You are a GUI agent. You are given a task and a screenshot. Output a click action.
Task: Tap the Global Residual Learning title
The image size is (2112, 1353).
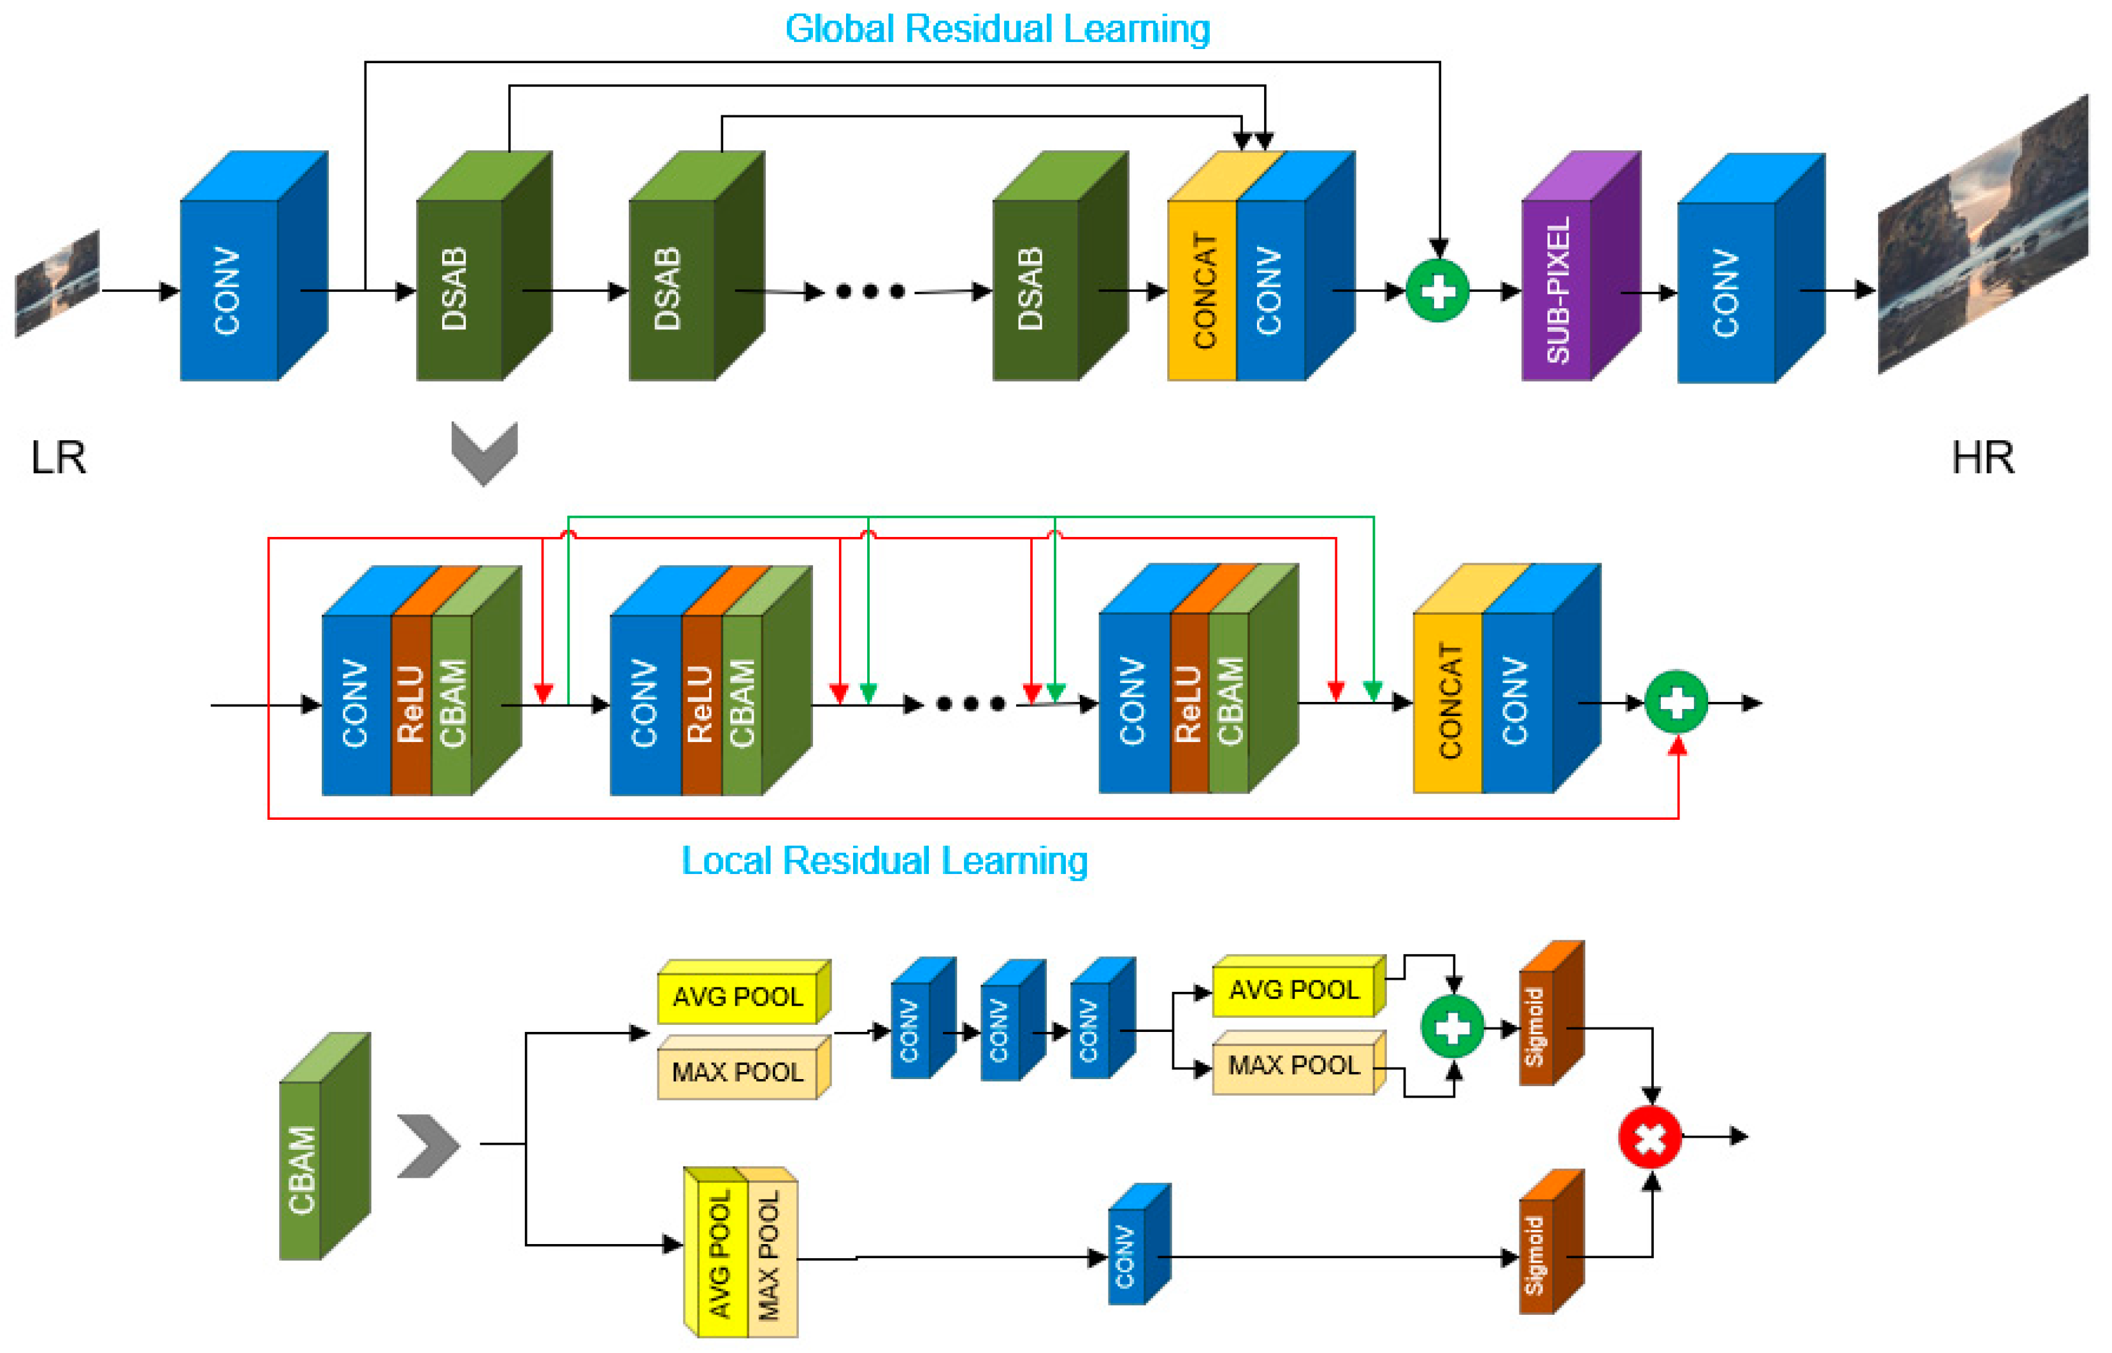coord(997,29)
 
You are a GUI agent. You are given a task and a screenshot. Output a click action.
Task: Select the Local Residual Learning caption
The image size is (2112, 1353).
coord(885,861)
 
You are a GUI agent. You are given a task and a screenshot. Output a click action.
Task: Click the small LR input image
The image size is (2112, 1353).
coord(58,283)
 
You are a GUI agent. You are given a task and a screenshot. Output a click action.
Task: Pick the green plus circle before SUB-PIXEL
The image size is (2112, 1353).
coord(1437,291)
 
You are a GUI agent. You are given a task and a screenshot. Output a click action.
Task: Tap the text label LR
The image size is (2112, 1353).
coord(59,458)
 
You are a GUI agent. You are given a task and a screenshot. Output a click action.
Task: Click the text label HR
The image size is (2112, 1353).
coord(1983,458)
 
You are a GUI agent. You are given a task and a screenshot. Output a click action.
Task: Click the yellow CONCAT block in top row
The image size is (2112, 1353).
coord(1202,290)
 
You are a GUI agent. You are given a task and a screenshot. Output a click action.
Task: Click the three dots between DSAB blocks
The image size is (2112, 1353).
coord(870,292)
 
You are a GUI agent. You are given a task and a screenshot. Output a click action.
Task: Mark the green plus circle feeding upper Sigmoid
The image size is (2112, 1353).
coord(1452,1026)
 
